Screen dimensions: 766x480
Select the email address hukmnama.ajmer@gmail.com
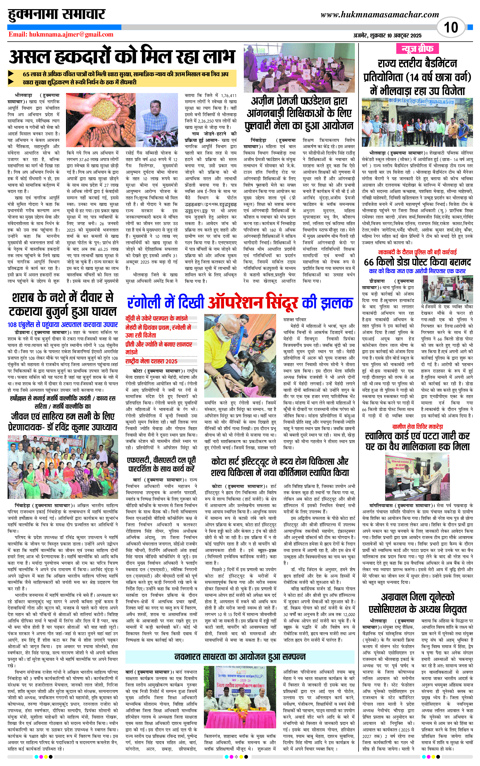click(61, 35)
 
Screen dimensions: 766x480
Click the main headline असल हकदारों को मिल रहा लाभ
click(122, 57)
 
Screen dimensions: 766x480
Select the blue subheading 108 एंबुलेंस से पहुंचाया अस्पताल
click(62, 325)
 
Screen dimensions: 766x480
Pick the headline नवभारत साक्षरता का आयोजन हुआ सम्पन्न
click(240, 657)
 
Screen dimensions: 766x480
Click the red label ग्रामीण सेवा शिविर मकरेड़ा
click(417, 427)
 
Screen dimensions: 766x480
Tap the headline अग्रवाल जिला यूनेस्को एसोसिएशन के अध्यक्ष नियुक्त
click(417, 604)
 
